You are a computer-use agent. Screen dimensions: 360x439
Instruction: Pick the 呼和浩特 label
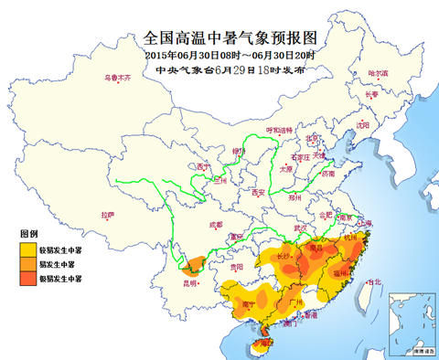tap(278, 131)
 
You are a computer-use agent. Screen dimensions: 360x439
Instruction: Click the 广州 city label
tap(294, 300)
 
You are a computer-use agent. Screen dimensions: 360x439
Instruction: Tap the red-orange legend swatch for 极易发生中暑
tap(30, 276)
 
